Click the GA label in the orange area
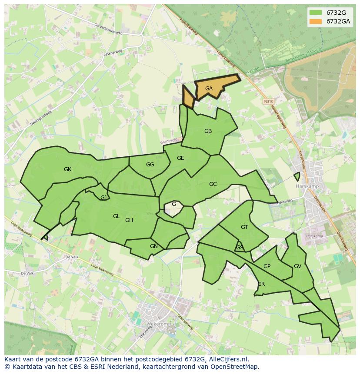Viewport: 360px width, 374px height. click(209, 89)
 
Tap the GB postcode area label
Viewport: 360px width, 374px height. click(208, 131)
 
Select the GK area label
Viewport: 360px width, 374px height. click(67, 169)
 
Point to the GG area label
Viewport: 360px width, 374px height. click(150, 165)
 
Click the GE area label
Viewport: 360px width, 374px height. click(180, 158)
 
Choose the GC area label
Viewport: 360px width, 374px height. click(213, 184)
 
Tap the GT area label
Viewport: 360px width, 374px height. click(244, 227)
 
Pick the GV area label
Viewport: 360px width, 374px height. click(297, 266)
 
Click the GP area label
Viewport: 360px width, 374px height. click(267, 266)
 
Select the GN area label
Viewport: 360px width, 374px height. click(153, 246)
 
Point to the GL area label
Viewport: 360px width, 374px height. click(116, 216)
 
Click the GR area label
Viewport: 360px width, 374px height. click(261, 284)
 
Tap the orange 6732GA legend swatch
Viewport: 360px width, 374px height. click(316, 21)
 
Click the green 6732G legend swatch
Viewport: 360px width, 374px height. click(316, 12)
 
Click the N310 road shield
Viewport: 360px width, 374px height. click(268, 101)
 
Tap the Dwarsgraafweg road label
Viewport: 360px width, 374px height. click(41, 118)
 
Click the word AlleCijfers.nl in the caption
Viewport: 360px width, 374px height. click(227, 359)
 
